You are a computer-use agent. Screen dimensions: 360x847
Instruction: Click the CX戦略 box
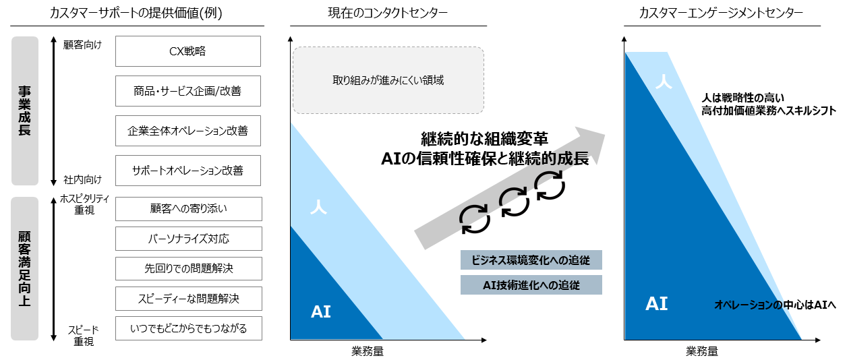[187, 51]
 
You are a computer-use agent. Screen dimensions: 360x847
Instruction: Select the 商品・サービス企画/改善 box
[187, 91]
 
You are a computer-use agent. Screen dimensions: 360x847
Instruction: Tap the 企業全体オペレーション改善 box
[187, 131]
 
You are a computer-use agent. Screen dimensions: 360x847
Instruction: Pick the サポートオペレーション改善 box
[187, 171]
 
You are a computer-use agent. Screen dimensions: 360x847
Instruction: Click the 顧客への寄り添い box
[187, 209]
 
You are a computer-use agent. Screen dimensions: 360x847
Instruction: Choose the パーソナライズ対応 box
[187, 239]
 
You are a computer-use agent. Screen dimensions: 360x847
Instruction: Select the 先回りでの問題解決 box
[187, 268]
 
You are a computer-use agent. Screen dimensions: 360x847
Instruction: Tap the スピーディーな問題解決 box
[187, 298]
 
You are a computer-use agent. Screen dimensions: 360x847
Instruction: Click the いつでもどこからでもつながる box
[187, 328]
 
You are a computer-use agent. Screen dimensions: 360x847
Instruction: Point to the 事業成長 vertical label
[25, 111]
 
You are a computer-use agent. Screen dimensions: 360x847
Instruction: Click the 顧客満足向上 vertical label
[25, 268]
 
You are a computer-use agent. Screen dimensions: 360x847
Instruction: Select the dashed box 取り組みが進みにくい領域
[388, 80]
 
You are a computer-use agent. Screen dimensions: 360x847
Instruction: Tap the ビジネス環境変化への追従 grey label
[531, 261]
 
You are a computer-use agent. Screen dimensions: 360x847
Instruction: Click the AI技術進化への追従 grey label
[531, 284]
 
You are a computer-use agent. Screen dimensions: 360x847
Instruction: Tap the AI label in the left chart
[321, 311]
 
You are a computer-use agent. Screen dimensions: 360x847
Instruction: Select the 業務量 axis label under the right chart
[702, 351]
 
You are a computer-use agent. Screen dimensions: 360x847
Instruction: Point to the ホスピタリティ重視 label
[85, 204]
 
